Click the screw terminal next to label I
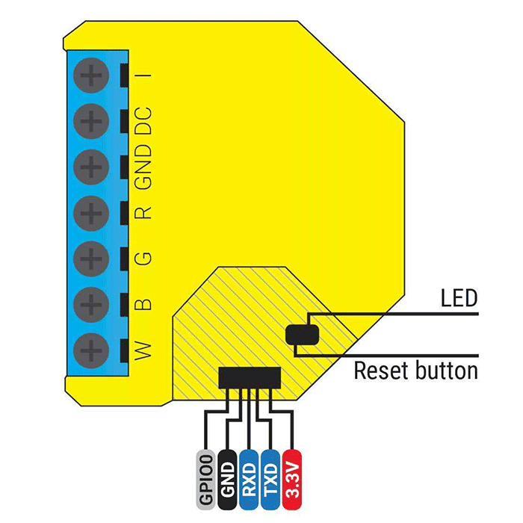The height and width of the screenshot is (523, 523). pos(91,75)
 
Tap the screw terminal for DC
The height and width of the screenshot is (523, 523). pos(91,120)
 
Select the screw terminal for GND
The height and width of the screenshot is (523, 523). pos(91,167)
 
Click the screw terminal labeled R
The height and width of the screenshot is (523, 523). pos(91,212)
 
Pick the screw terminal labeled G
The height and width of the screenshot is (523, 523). pos(91,258)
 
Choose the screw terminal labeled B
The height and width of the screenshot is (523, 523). pos(91,303)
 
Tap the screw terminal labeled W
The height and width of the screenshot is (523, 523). pos(91,349)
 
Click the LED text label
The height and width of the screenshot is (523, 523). pos(458,300)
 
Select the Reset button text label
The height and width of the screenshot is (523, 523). pos(415,370)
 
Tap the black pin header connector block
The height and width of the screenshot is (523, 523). pos(250,377)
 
